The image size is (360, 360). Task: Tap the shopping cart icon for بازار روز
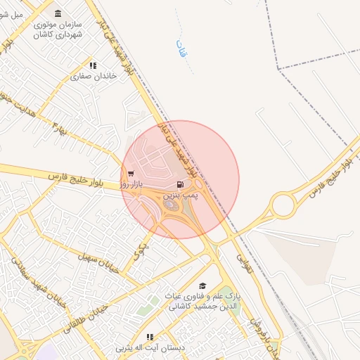click(131, 173)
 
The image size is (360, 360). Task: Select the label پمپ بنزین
click(182, 195)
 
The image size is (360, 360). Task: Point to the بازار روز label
click(131, 184)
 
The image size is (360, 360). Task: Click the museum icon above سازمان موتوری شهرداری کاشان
click(58, 13)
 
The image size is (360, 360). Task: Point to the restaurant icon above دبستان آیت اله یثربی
click(149, 337)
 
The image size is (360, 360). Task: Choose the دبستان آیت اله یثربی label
click(149, 347)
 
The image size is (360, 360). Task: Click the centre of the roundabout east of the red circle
click(283, 206)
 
